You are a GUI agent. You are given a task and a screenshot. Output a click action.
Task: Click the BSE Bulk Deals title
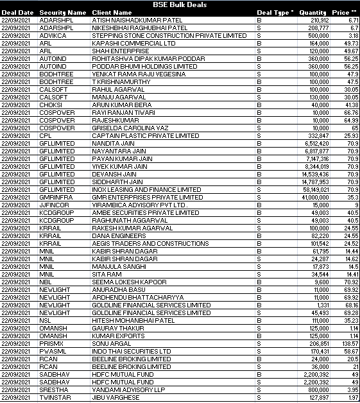point(180,4)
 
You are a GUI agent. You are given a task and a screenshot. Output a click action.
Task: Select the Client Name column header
point(112,12)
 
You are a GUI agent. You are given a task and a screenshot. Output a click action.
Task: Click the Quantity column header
point(313,12)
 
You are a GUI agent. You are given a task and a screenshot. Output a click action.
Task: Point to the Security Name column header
point(62,12)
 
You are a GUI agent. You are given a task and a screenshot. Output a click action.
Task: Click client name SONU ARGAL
point(110,344)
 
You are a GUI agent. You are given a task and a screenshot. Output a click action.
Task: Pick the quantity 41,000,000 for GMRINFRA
point(312,198)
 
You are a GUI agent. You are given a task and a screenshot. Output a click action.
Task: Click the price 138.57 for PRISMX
point(349,344)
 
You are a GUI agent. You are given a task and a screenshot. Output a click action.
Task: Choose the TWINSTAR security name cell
point(54,397)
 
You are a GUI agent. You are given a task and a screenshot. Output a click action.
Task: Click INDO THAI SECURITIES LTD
point(132,352)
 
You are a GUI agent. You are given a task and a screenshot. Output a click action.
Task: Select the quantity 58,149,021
point(312,189)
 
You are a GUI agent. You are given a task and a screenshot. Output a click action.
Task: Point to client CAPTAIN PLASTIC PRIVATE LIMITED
point(146,135)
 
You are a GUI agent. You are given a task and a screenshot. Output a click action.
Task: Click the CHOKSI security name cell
point(50,105)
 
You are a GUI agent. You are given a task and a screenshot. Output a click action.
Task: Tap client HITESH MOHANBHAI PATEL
point(133,320)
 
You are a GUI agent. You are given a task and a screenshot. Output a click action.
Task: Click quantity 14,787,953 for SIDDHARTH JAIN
point(312,182)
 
